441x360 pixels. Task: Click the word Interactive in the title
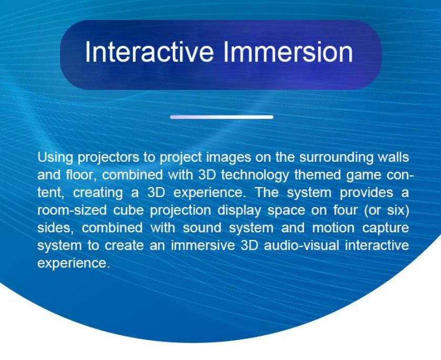149,52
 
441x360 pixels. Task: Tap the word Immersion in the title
288,52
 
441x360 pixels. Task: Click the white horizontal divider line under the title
222,117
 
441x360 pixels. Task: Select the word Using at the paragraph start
55,158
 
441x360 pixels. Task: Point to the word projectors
108,158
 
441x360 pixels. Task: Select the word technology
255,176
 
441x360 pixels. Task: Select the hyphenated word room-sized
72,210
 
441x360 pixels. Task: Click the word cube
128,210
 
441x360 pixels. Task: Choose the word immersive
203,245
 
